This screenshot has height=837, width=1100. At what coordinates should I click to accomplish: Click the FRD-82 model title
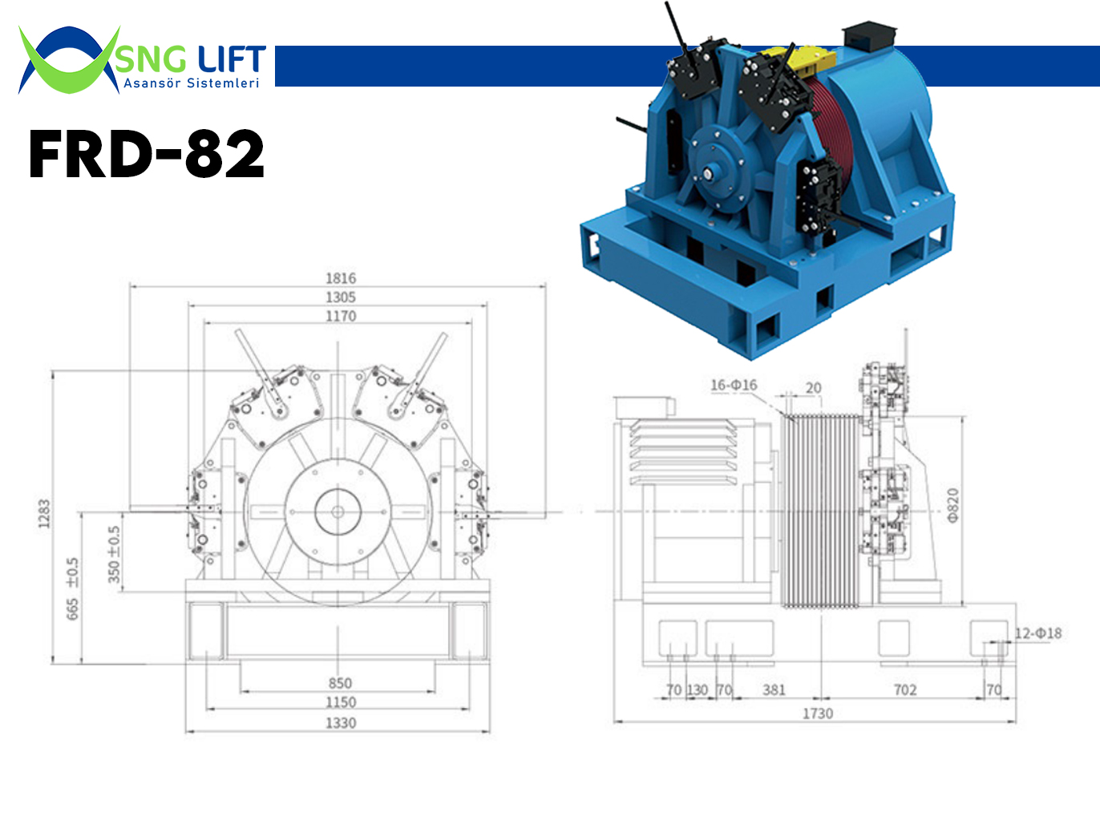(x=147, y=153)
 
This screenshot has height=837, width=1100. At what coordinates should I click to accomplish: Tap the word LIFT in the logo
(x=232, y=59)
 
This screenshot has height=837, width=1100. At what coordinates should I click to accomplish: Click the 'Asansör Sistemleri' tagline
(x=192, y=83)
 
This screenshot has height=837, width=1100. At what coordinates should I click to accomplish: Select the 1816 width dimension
(x=341, y=278)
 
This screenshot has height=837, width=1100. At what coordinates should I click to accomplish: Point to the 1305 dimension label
(x=341, y=297)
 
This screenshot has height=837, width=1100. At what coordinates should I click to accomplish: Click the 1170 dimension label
(x=341, y=316)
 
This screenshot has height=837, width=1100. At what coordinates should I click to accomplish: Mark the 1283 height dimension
(x=44, y=514)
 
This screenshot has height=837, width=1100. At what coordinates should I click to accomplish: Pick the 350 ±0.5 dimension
(x=115, y=555)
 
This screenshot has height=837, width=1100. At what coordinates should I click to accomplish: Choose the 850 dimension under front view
(x=340, y=683)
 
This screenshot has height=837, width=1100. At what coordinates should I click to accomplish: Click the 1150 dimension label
(x=341, y=702)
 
